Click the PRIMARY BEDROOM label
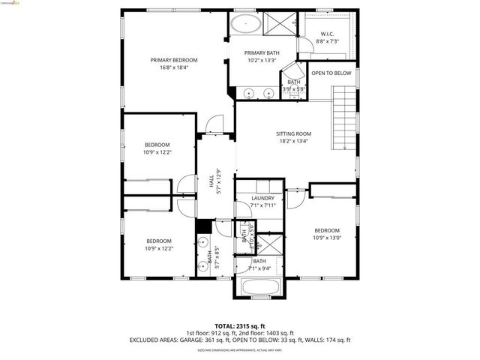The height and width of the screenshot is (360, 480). [173, 60]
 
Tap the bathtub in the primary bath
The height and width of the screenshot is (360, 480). [245, 24]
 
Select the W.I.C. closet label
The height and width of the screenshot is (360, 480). [327, 34]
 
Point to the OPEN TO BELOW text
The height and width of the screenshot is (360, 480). [331, 73]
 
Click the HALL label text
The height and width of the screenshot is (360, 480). [212, 179]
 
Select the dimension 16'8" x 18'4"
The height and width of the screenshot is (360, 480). [173, 67]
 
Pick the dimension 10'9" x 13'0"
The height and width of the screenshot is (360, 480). [327, 238]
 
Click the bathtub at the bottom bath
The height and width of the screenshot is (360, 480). [261, 286]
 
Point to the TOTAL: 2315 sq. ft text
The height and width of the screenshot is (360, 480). [240, 326]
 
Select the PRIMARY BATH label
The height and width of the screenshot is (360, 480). [262, 52]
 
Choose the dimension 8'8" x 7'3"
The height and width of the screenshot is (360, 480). [327, 41]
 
